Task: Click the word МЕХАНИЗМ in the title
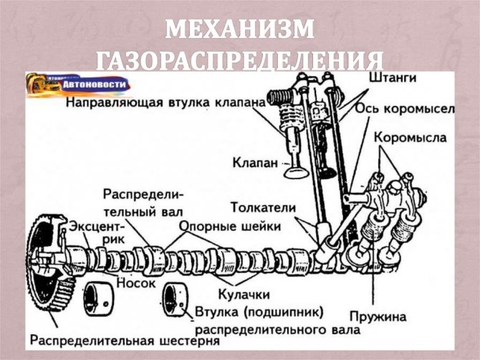pyautogui.click(x=240, y=29)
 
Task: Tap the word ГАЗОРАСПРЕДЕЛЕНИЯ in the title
pyautogui.click(x=240, y=61)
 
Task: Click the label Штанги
pyautogui.click(x=393, y=77)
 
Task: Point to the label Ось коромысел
pyautogui.click(x=405, y=110)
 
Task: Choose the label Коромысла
pyautogui.click(x=411, y=138)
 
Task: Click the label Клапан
pyautogui.click(x=255, y=163)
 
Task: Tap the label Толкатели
pyautogui.click(x=264, y=208)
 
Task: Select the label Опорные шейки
pyautogui.click(x=230, y=227)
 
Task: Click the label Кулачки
pyautogui.click(x=244, y=295)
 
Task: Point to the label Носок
pyautogui.click(x=136, y=283)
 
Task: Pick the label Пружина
pyautogui.click(x=378, y=316)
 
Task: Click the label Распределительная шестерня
pyautogui.click(x=125, y=341)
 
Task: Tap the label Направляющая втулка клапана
pyautogui.click(x=165, y=103)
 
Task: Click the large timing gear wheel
pyautogui.click(x=49, y=263)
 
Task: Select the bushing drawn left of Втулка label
pyautogui.click(x=175, y=299)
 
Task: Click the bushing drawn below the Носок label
pyautogui.click(x=97, y=299)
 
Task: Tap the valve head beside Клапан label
pyautogui.click(x=297, y=173)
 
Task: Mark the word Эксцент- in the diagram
pyautogui.click(x=97, y=227)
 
